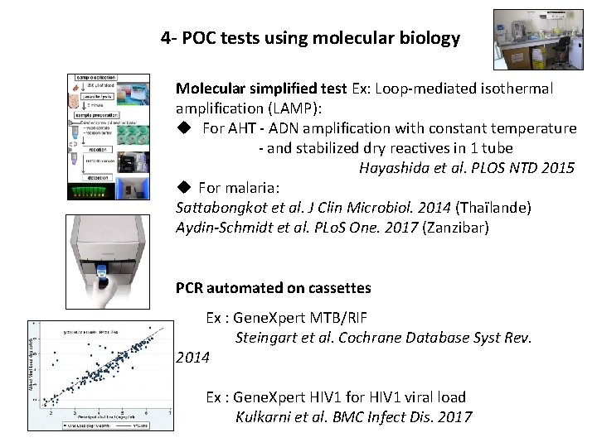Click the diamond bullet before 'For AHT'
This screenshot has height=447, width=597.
(184, 128)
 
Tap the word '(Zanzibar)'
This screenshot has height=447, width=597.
(458, 228)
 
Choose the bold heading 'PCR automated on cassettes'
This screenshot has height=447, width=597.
(273, 288)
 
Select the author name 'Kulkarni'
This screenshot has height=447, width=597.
(264, 417)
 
